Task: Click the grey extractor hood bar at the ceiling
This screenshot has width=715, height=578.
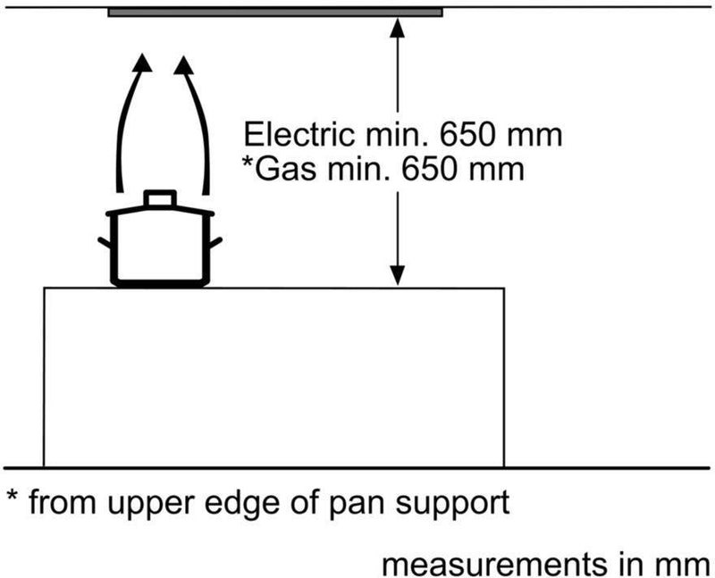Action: coord(275,13)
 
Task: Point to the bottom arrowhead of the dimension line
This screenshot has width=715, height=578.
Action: coord(399,275)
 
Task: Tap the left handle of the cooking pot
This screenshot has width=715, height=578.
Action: coord(105,242)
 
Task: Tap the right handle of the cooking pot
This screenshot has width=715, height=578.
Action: coord(216,242)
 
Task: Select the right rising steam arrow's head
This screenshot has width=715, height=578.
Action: coord(184,64)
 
